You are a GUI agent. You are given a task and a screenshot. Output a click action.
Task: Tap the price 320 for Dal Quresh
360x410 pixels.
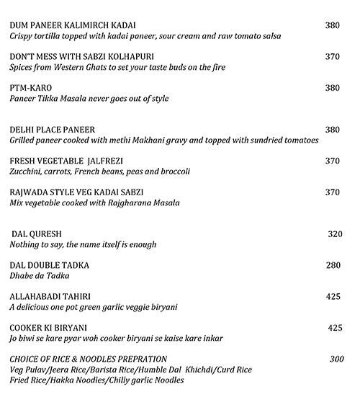(x=336, y=234)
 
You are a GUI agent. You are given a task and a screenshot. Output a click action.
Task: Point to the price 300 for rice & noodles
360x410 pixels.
(x=336, y=359)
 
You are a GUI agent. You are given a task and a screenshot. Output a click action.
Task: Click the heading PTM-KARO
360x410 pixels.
(x=31, y=87)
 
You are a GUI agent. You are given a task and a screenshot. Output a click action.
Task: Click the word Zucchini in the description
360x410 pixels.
(x=27, y=171)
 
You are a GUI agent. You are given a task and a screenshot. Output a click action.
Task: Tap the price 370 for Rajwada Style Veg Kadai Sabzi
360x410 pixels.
(x=332, y=192)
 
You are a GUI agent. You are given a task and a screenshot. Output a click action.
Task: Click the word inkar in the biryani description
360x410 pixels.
(x=212, y=338)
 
